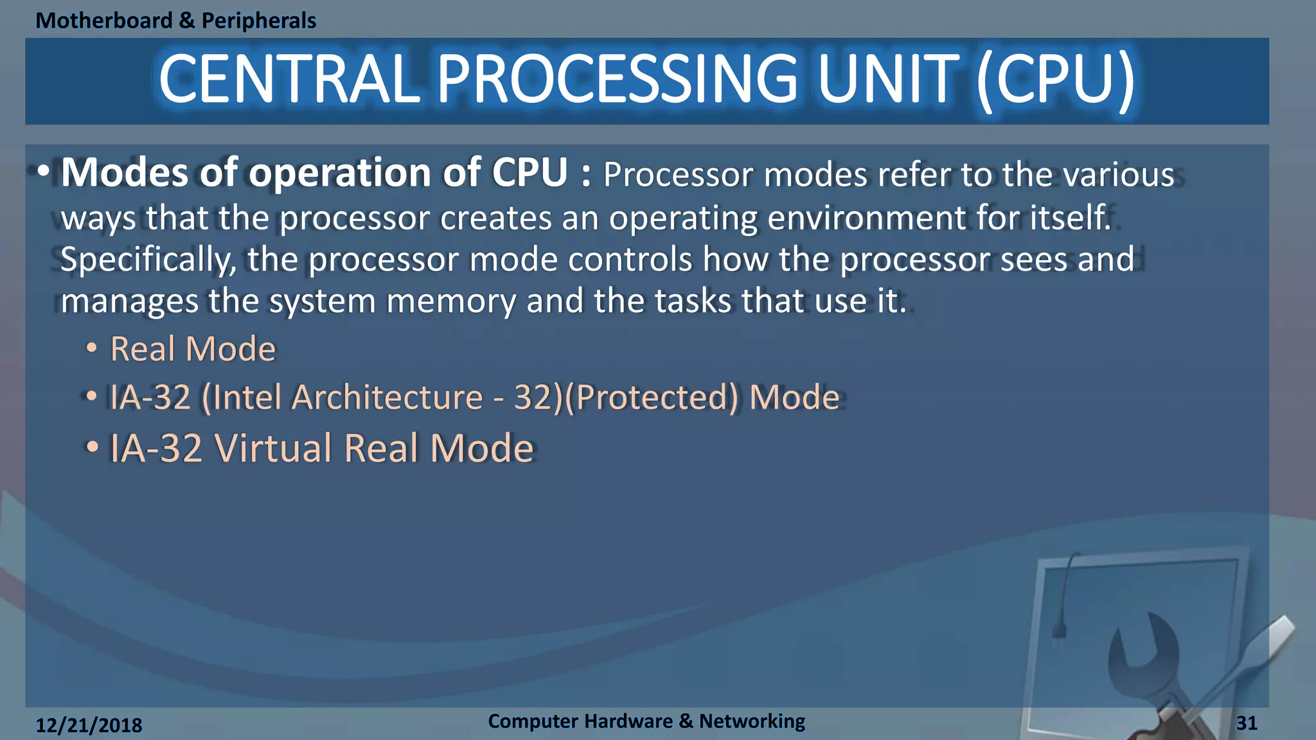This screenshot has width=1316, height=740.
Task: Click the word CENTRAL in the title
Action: click(x=289, y=80)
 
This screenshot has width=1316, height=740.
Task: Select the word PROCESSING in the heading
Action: click(x=617, y=80)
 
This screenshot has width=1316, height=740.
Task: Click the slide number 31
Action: click(x=1247, y=723)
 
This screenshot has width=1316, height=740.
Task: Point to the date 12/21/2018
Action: click(x=89, y=725)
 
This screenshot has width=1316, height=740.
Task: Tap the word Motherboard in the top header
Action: click(x=104, y=21)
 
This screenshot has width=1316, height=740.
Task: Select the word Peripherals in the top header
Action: click(x=259, y=21)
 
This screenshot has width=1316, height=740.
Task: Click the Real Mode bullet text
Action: click(x=193, y=349)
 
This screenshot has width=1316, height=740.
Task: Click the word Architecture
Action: click(x=387, y=397)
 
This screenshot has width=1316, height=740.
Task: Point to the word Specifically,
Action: click(x=148, y=260)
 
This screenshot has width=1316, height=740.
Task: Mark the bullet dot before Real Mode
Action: click(x=92, y=348)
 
